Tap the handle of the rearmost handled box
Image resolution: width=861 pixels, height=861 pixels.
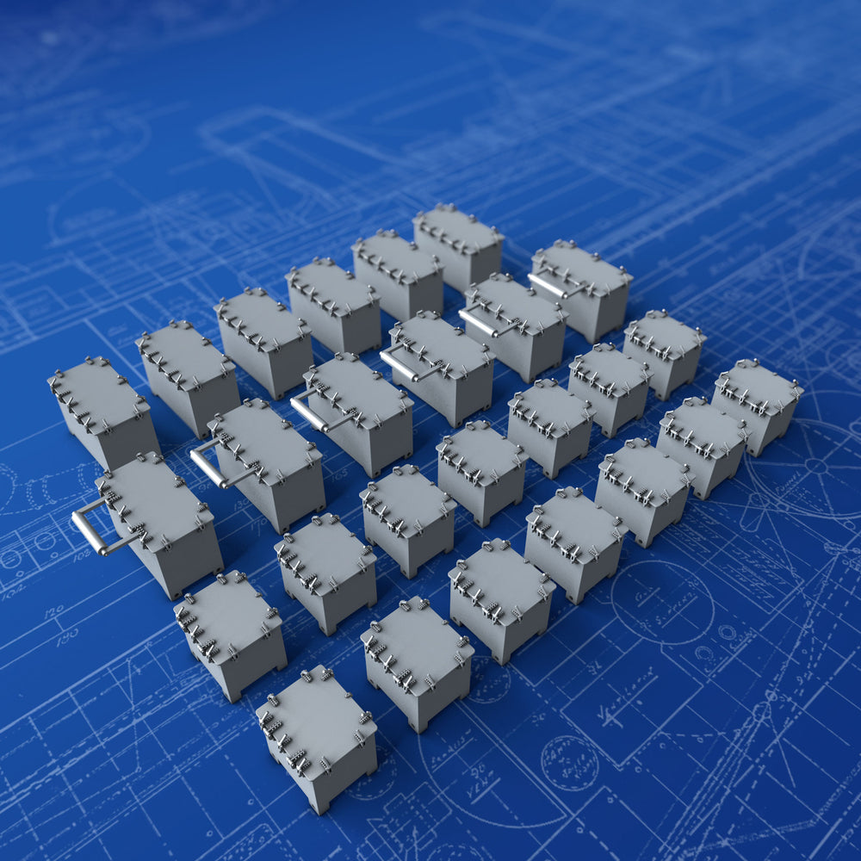tap(546, 285)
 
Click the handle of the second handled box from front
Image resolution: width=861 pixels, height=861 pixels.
tap(207, 466)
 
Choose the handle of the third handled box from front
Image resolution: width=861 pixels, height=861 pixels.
tap(307, 412)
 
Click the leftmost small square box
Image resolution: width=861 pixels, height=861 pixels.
tap(229, 617)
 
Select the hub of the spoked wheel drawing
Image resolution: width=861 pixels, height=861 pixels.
tap(815, 466)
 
